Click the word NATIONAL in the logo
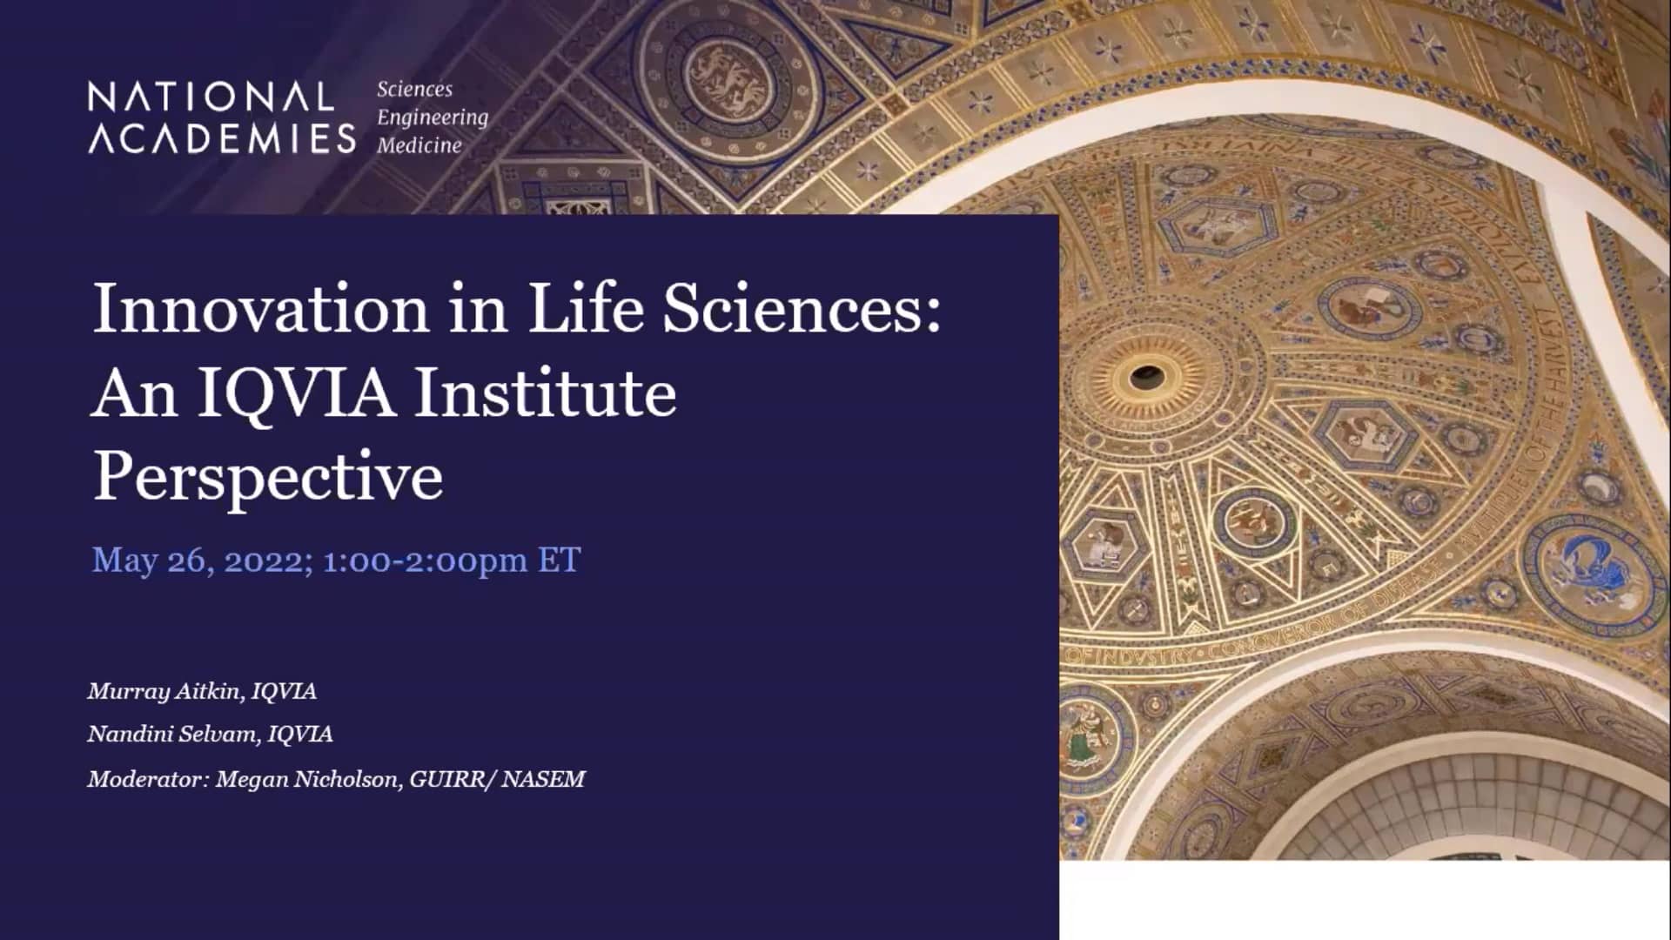pos(211,97)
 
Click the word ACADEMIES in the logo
pos(222,138)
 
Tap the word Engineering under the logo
pos(433,117)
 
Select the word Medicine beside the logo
pos(419,145)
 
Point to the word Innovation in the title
pos(260,308)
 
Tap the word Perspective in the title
pos(268,476)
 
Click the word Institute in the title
pos(546,393)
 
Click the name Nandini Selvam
pos(173,734)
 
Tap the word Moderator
pos(144,778)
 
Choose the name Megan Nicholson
pos(307,778)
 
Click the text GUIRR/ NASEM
pos(497,778)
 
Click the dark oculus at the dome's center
pos(1146,377)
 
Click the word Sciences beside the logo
pos(414,89)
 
